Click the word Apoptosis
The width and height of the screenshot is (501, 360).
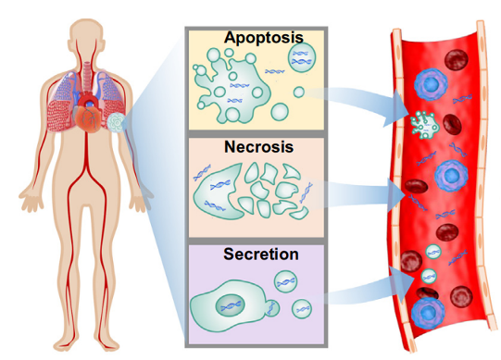point(264,38)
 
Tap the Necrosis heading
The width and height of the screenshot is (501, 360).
point(258,147)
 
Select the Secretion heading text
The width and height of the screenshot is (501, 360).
point(261,254)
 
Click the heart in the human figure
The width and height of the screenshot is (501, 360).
point(87,118)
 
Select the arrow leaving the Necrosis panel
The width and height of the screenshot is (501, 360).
point(355,194)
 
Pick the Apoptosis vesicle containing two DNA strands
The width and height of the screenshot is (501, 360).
point(302,57)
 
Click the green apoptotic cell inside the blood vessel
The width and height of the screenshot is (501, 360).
point(424,125)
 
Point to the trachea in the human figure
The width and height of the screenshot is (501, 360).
point(87,76)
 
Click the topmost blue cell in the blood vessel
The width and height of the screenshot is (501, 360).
point(431,84)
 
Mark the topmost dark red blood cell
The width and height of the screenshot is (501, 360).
point(457,60)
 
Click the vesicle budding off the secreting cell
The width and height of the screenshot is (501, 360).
point(272,308)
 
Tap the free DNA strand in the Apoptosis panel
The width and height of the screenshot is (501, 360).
point(275,71)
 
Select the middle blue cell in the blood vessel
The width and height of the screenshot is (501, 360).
point(451,175)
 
